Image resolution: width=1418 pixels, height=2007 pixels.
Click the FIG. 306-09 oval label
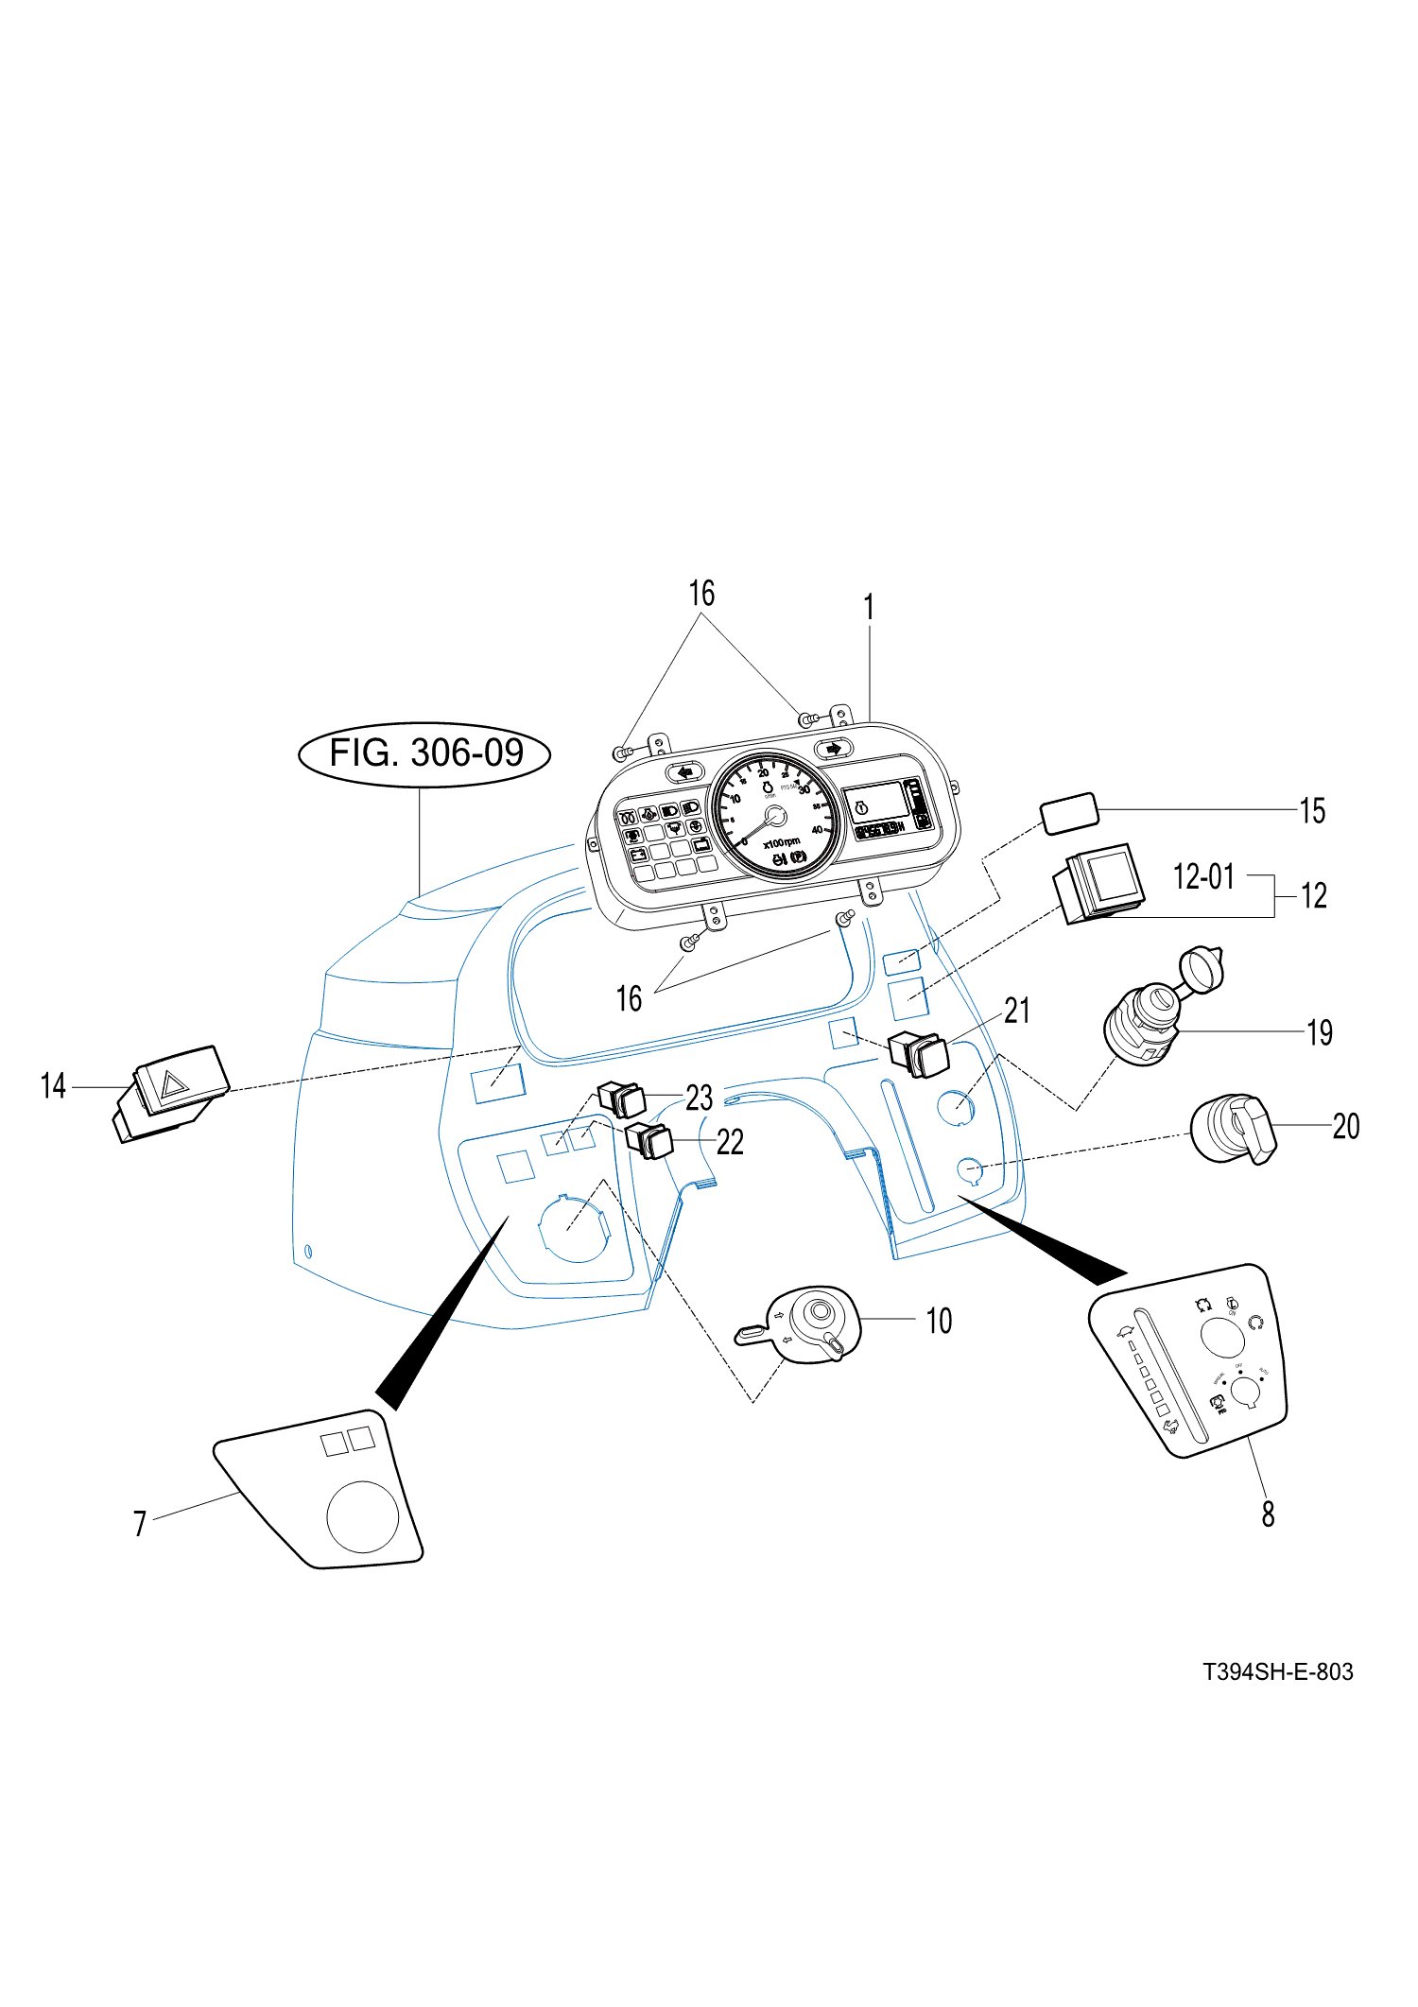pos(424,754)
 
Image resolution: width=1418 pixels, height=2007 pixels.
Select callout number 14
pos(53,1086)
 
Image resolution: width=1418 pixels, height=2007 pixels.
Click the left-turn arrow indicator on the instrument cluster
pos(685,771)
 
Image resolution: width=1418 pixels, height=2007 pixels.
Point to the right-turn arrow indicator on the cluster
pos(833,749)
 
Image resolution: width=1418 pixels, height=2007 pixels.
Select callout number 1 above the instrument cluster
pos(869,608)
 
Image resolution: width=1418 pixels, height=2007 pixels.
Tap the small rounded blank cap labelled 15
pos(1069,813)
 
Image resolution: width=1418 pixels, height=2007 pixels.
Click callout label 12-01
pos(1203,876)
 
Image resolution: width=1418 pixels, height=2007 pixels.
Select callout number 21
pos(1016,1011)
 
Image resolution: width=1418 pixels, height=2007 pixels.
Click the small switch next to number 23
pos(623,1099)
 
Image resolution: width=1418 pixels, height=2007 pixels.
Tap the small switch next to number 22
pos(650,1141)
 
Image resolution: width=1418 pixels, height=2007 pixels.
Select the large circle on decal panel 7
pos(362,1515)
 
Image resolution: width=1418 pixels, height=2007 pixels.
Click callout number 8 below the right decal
pos(1268,1514)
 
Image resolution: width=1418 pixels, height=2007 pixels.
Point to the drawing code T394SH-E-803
pos(1277,1672)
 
